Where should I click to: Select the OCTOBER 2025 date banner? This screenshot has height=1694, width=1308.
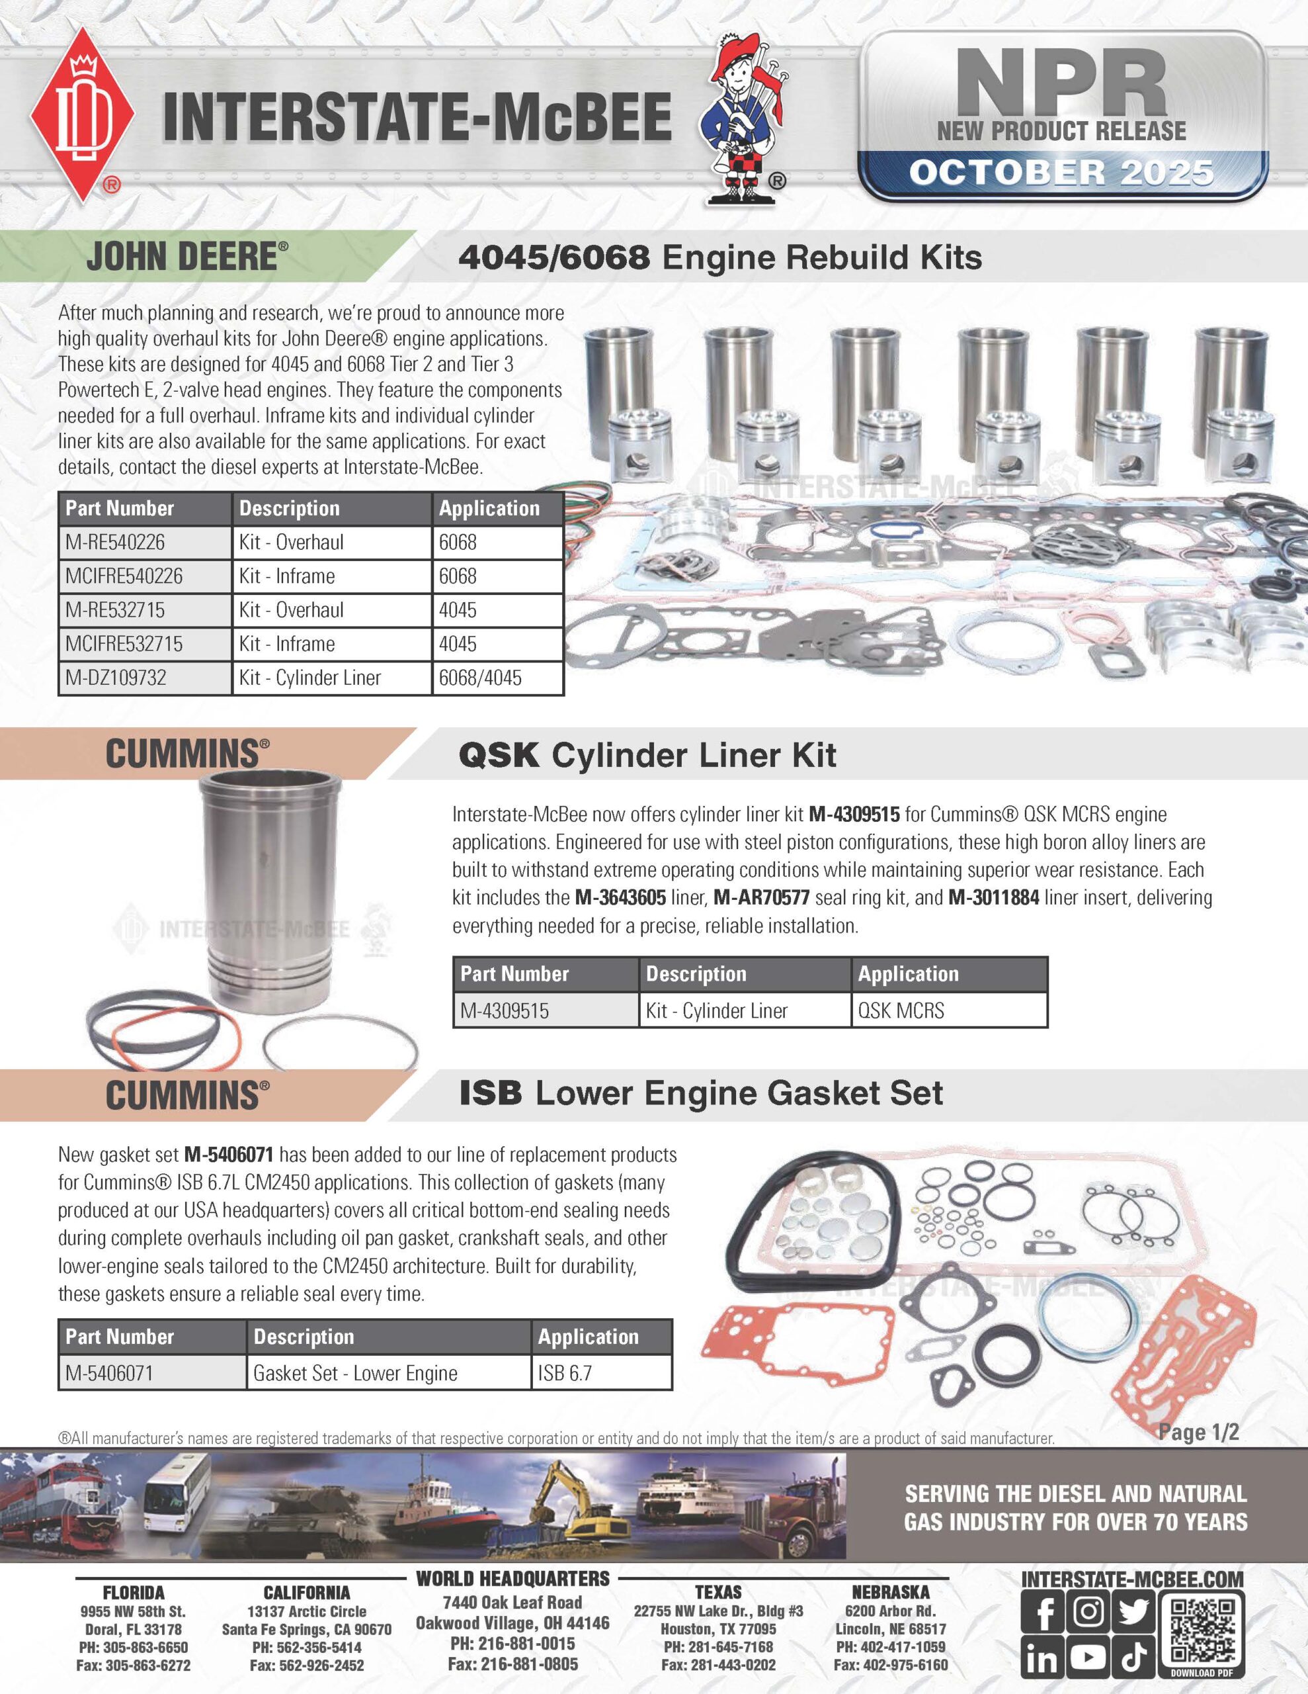tap(1061, 172)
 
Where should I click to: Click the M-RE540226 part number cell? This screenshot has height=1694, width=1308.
tap(145, 542)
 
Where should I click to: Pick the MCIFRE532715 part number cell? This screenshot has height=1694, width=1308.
tap(145, 644)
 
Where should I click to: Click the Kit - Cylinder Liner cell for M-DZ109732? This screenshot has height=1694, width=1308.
tap(331, 678)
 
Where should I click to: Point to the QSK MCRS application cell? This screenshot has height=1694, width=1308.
tap(948, 1010)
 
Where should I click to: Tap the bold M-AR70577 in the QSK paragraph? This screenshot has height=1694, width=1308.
tap(761, 898)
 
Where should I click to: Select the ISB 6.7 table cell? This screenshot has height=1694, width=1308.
tap(601, 1373)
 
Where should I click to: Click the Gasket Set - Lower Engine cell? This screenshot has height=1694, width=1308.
tap(388, 1373)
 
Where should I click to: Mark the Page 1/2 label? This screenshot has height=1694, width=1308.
tap(1198, 1433)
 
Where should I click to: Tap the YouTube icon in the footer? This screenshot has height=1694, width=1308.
tap(1088, 1658)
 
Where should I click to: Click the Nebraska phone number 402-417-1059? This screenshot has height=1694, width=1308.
tap(890, 1646)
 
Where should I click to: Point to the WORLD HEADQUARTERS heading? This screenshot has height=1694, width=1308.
tap(512, 1578)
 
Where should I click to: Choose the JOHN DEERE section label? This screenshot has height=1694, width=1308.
tap(186, 257)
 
